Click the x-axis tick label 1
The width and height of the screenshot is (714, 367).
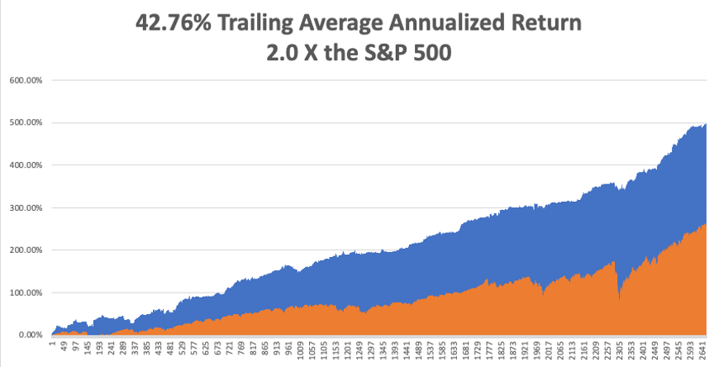coord(51,342)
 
